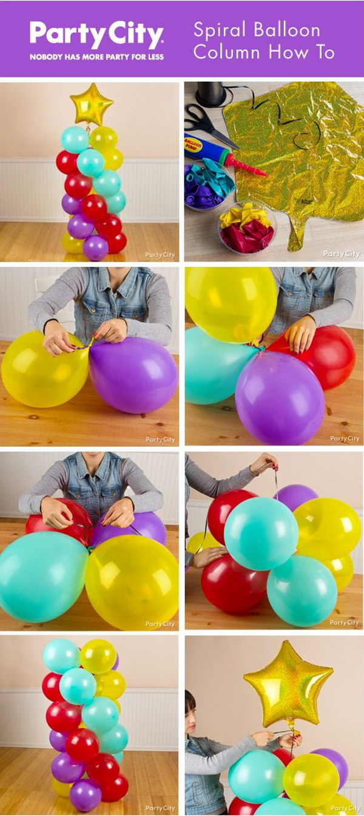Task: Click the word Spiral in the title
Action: [x=218, y=30]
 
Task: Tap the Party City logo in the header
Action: [x=96, y=35]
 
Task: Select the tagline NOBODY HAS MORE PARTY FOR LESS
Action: [x=96, y=56]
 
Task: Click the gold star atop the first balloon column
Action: [x=91, y=105]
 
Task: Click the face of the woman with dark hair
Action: [x=194, y=716]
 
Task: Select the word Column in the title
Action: [x=228, y=53]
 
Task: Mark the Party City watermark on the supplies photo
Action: [x=341, y=254]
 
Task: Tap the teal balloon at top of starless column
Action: [x=61, y=655]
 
